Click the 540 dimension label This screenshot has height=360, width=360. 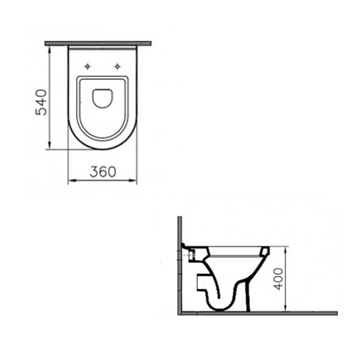point(41,102)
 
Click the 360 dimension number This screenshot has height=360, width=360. point(104,172)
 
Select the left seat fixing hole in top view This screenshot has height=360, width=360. point(87,67)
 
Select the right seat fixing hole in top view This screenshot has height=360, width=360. point(117,67)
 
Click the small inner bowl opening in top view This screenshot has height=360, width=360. point(103,98)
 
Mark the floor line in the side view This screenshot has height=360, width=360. point(259,313)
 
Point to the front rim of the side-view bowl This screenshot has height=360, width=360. point(264,251)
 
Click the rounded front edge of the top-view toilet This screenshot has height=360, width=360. point(103,149)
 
